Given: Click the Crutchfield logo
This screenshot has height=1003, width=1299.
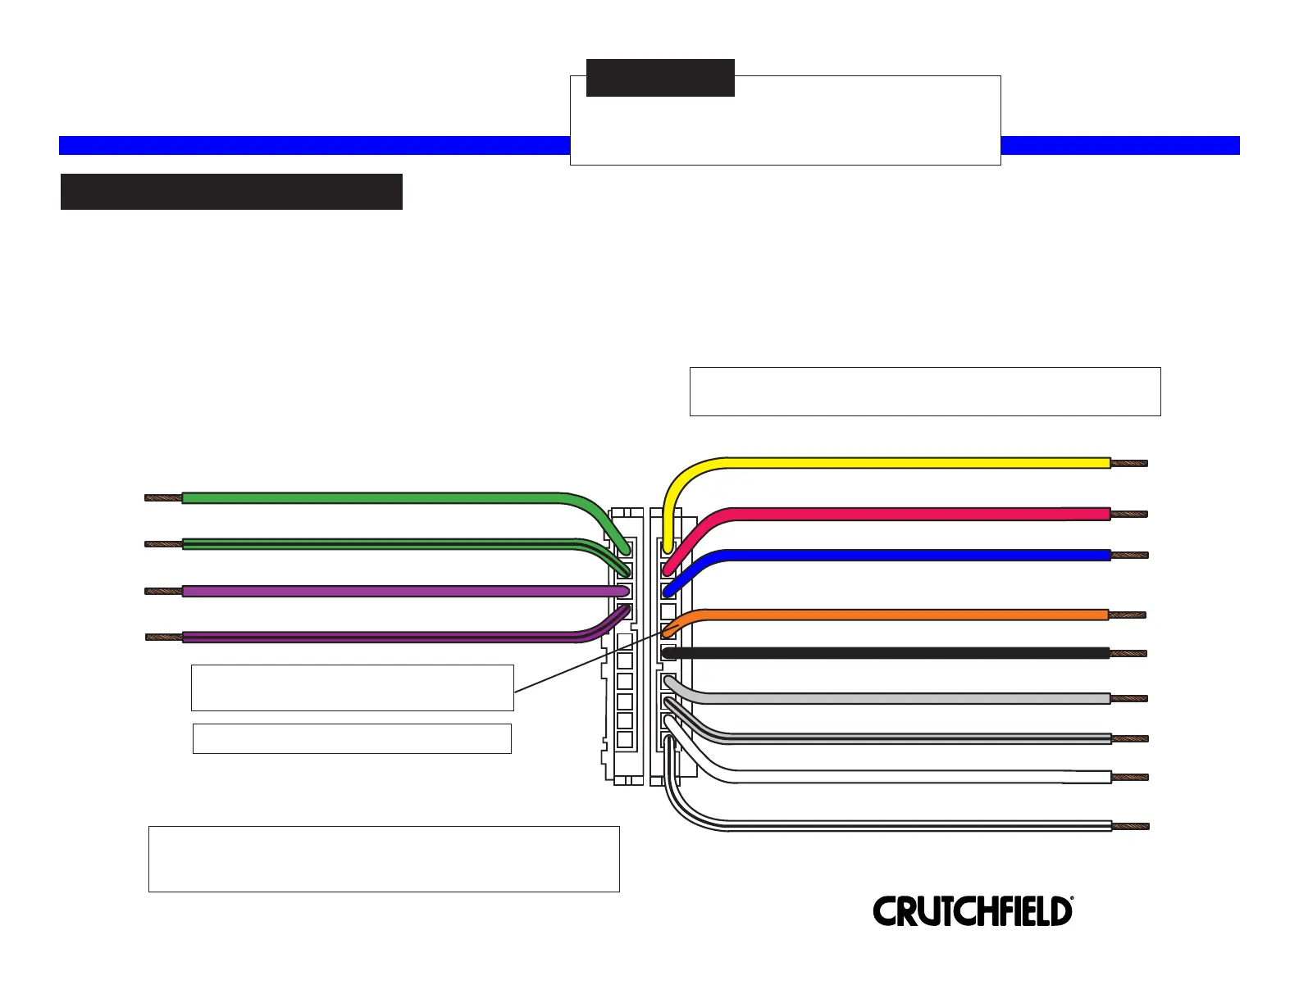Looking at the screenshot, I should [973, 911].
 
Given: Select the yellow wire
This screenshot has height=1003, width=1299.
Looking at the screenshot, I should [902, 463].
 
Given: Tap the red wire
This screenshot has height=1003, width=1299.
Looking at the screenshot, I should [902, 514].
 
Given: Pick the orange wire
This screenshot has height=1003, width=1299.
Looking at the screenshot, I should [902, 615].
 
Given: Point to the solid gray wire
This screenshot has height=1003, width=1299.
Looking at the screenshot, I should [902, 698].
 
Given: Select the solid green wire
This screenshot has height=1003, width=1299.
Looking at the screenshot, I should [369, 497].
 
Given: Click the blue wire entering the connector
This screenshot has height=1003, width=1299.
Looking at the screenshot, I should [902, 555].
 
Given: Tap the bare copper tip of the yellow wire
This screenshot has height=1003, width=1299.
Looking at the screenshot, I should [1129, 463].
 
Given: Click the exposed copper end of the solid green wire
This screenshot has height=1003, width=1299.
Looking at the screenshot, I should [163, 497].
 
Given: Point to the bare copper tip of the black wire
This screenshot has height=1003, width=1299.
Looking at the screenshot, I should [1128, 654].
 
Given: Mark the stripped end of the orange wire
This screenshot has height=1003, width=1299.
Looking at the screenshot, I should [1128, 615].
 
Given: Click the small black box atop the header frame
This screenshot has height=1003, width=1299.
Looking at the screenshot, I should [660, 78].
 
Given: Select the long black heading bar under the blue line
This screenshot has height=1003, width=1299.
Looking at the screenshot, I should [231, 192].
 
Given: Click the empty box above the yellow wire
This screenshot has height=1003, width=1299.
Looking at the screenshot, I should [925, 392].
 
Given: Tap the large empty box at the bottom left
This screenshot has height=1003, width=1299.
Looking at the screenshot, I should [384, 859].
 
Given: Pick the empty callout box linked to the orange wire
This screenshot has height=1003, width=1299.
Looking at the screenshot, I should [353, 688].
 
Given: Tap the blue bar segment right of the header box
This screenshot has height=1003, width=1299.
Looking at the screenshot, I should [1120, 146].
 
